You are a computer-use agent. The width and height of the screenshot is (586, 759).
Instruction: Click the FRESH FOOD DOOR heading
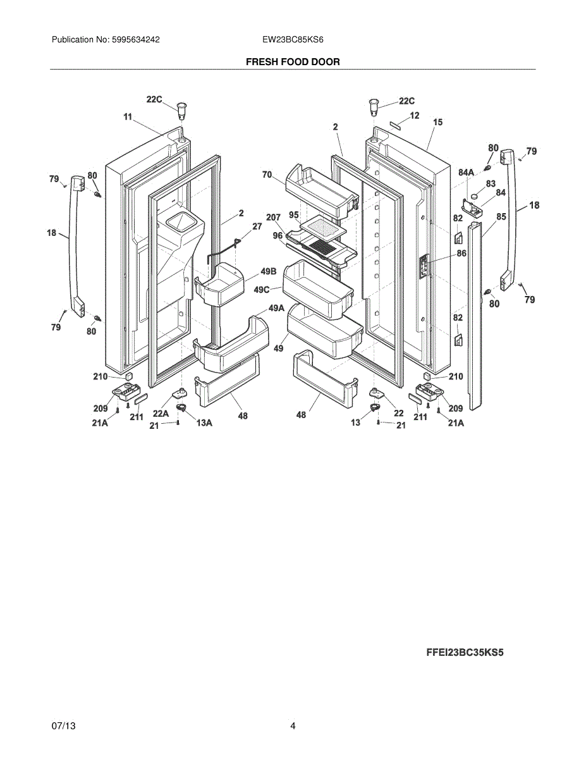tap(293, 62)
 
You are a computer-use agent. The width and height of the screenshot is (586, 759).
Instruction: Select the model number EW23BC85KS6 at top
tap(293, 39)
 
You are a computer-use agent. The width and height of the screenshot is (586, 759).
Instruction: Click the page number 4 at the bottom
tap(293, 726)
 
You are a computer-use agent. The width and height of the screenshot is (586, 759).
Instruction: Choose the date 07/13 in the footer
tap(64, 726)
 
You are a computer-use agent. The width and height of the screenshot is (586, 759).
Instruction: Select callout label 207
tap(273, 218)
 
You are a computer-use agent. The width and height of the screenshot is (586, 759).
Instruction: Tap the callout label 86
tap(461, 253)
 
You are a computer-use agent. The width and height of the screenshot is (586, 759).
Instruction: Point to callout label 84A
tap(466, 172)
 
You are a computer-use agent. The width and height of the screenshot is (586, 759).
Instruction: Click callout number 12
tap(414, 116)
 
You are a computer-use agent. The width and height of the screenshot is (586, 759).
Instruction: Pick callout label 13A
tap(204, 423)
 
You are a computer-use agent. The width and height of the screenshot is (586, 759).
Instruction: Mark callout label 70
tap(267, 174)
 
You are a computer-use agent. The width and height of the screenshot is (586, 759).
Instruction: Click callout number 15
tap(437, 122)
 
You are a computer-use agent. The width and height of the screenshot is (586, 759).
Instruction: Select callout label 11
tap(127, 116)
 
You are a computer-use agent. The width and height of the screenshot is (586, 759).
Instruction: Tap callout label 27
tap(257, 226)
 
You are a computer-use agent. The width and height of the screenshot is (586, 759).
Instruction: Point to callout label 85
tap(501, 217)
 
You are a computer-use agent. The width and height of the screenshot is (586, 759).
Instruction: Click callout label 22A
tap(161, 414)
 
